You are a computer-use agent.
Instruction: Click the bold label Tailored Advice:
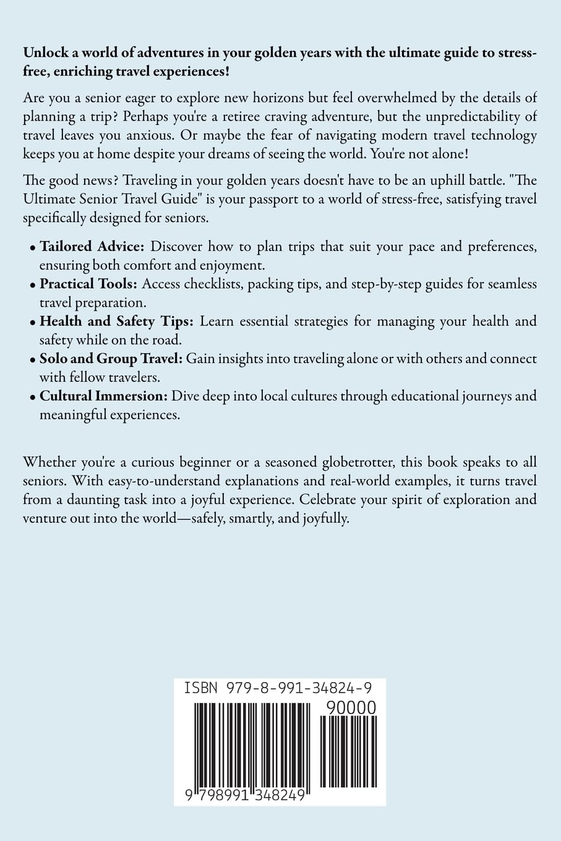point(92,247)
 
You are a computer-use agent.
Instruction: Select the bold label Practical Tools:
point(89,284)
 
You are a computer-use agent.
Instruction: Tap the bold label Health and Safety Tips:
point(117,322)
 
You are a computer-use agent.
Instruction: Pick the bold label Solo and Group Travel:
point(111,359)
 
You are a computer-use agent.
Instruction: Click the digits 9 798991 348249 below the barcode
point(245,795)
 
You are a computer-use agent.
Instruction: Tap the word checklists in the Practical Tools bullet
point(205,284)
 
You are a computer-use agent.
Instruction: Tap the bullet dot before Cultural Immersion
point(33,397)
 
